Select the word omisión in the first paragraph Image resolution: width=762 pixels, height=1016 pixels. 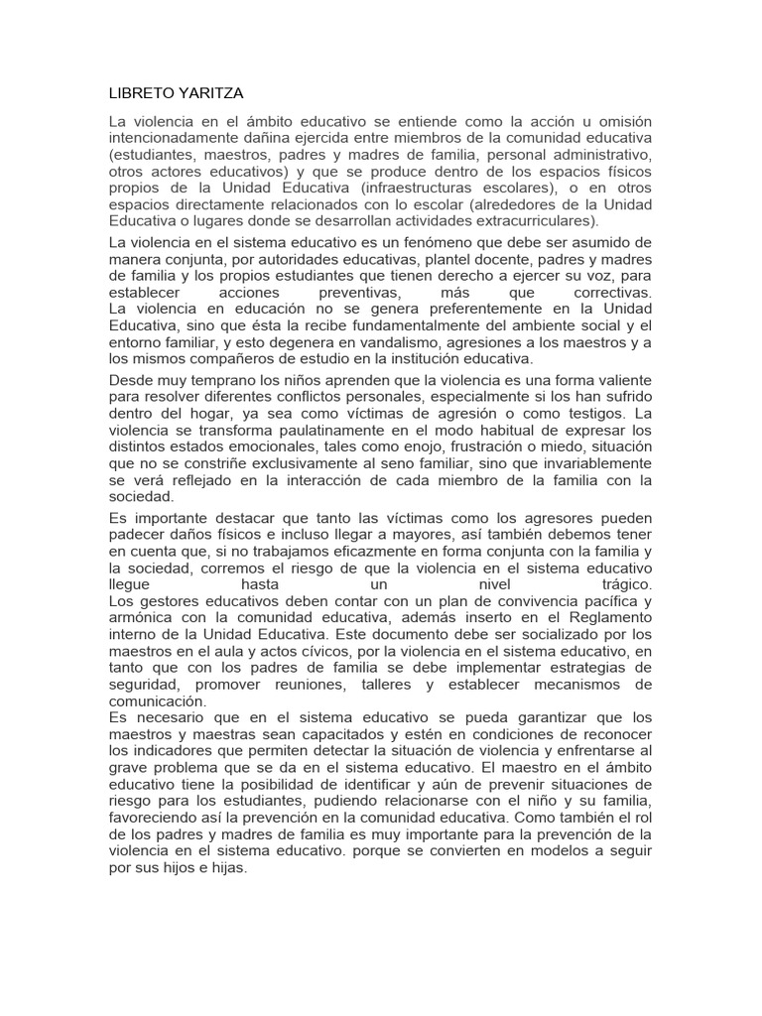618,121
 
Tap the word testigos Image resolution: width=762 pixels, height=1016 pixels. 569,413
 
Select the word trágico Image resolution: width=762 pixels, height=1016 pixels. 625,585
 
